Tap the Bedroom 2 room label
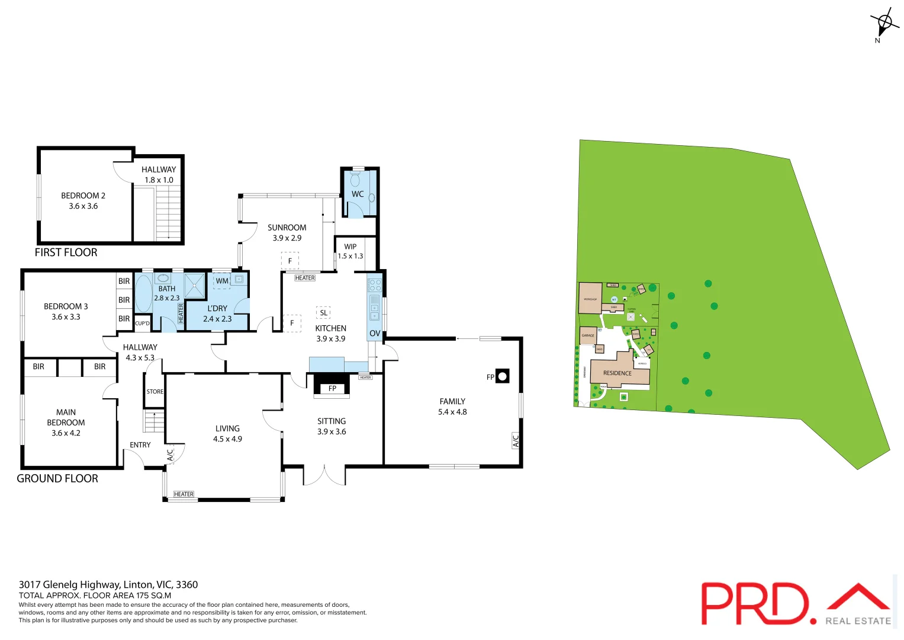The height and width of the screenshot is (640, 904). tap(83, 201)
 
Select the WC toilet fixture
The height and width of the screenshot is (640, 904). tap(356, 180)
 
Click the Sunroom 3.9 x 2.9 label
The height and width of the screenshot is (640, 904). tap(287, 232)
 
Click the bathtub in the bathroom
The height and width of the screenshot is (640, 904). tap(144, 293)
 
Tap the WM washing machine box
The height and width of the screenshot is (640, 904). tap(222, 281)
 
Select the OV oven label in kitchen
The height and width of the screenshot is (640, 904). tap(375, 334)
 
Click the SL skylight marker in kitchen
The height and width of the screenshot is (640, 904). tap(323, 313)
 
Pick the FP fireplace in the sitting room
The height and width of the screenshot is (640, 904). tap(332, 388)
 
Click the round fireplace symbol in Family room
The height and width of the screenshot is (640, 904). tap(502, 376)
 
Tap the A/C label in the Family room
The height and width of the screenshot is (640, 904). tap(516, 441)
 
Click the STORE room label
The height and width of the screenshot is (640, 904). tap(155, 392)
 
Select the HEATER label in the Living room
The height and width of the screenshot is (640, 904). tap(184, 494)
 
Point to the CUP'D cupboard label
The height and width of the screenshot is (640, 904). tap(142, 324)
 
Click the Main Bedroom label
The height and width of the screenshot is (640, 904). tap(66, 423)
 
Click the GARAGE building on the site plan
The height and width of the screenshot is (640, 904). tap(588, 335)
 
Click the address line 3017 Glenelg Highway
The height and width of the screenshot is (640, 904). tap(108, 584)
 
